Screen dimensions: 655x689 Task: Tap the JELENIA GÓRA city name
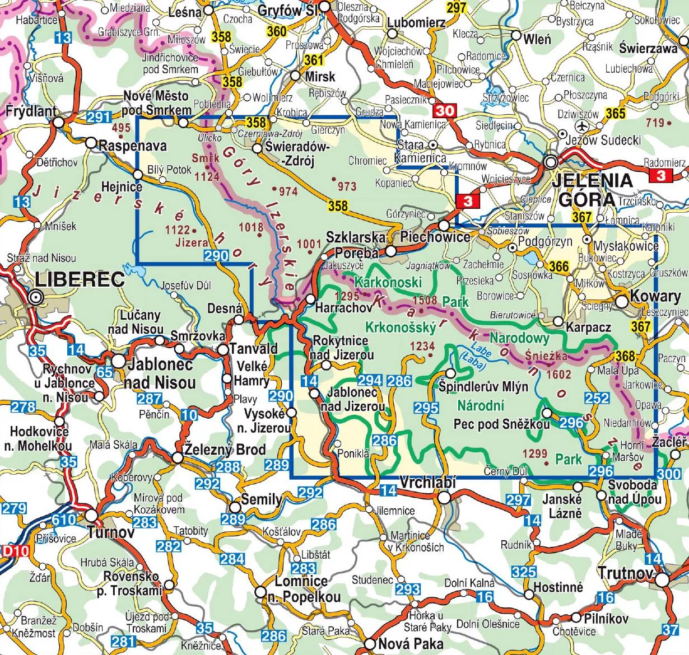(593, 189)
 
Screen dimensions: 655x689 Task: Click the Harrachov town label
(343, 307)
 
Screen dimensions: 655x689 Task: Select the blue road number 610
(64, 520)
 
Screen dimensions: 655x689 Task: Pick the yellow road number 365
(615, 113)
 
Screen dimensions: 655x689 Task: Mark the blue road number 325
(524, 572)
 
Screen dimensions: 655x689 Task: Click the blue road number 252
(597, 398)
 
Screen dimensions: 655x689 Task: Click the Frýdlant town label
(31, 111)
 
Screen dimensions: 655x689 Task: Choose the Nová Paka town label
(411, 643)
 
